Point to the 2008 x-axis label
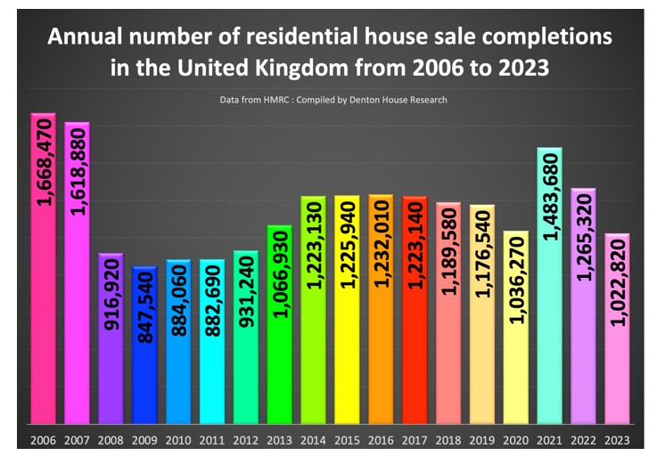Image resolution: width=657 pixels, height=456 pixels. tap(111, 440)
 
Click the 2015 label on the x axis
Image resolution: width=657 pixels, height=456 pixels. tap(347, 440)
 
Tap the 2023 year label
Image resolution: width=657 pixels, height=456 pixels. tap(616, 440)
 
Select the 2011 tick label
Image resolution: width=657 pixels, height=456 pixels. tap(212, 440)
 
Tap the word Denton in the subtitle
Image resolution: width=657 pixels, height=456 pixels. tap(370, 100)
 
